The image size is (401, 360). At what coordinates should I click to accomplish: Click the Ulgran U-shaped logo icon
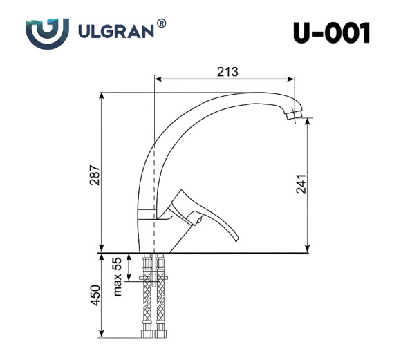coord(47,32)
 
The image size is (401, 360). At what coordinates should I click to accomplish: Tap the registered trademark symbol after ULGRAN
coord(162,23)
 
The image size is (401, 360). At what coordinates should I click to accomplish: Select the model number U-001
coord(331,32)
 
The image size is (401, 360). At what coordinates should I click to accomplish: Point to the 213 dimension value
coord(227,71)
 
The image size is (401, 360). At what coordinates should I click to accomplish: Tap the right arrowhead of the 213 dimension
coord(298,79)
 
